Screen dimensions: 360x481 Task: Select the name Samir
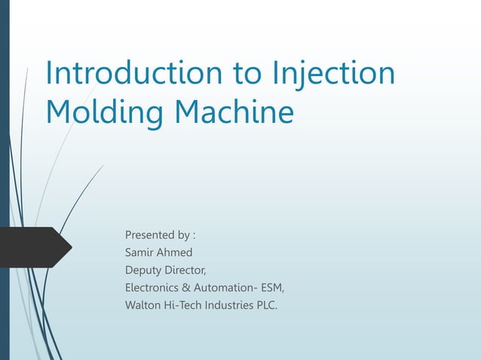(139, 253)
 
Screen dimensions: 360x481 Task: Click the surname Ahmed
(176, 253)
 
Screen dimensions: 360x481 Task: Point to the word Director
(187, 270)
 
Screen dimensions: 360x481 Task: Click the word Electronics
(151, 287)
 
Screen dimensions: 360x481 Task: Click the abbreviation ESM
(271, 287)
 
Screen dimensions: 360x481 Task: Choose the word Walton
(142, 304)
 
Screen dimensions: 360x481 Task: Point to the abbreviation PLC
(268, 304)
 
